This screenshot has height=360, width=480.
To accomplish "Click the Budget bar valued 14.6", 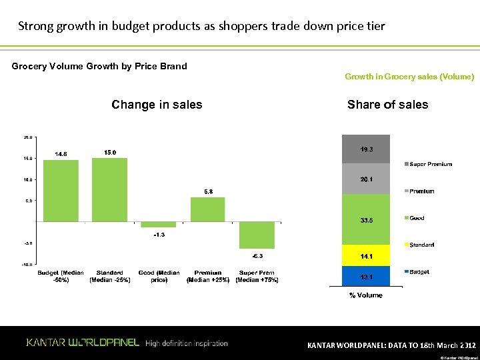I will click(x=61, y=191).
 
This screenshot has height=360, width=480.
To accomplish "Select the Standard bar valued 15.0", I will click(x=109, y=189).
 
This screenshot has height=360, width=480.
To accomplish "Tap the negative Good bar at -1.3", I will click(x=159, y=224).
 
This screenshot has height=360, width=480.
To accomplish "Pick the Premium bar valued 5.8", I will click(x=208, y=209).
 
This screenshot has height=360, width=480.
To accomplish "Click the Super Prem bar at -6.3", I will click(x=257, y=235).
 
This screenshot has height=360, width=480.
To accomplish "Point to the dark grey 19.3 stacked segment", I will click(x=366, y=149).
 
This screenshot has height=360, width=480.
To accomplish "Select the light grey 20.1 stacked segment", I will click(x=366, y=179).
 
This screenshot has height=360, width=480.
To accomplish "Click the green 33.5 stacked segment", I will click(x=366, y=219).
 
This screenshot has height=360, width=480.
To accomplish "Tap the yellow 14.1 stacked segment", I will click(x=366, y=256).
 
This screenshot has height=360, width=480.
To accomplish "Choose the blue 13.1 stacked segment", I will click(x=366, y=276).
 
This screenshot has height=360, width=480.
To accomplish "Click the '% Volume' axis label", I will click(x=366, y=295).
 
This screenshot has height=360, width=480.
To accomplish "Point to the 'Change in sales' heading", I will click(x=157, y=105).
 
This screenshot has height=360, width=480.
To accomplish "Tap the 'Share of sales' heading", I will click(x=387, y=105).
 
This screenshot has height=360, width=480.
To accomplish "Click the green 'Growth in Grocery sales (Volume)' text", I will click(x=409, y=77).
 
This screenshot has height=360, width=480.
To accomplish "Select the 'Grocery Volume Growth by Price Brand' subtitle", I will click(x=99, y=66).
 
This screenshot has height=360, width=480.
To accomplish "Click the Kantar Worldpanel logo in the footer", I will click(x=83, y=343).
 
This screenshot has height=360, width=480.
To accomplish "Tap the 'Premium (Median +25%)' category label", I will click(x=208, y=277).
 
